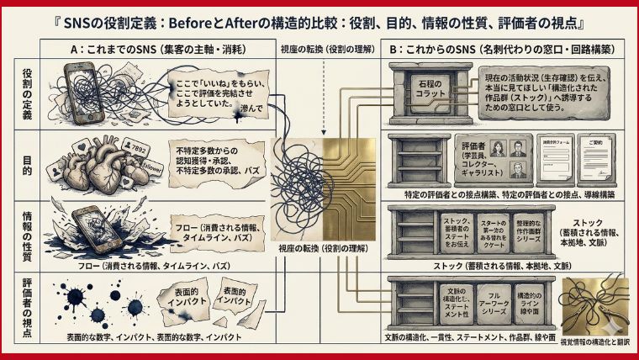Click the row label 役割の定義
pyautogui.click(x=25, y=94)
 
